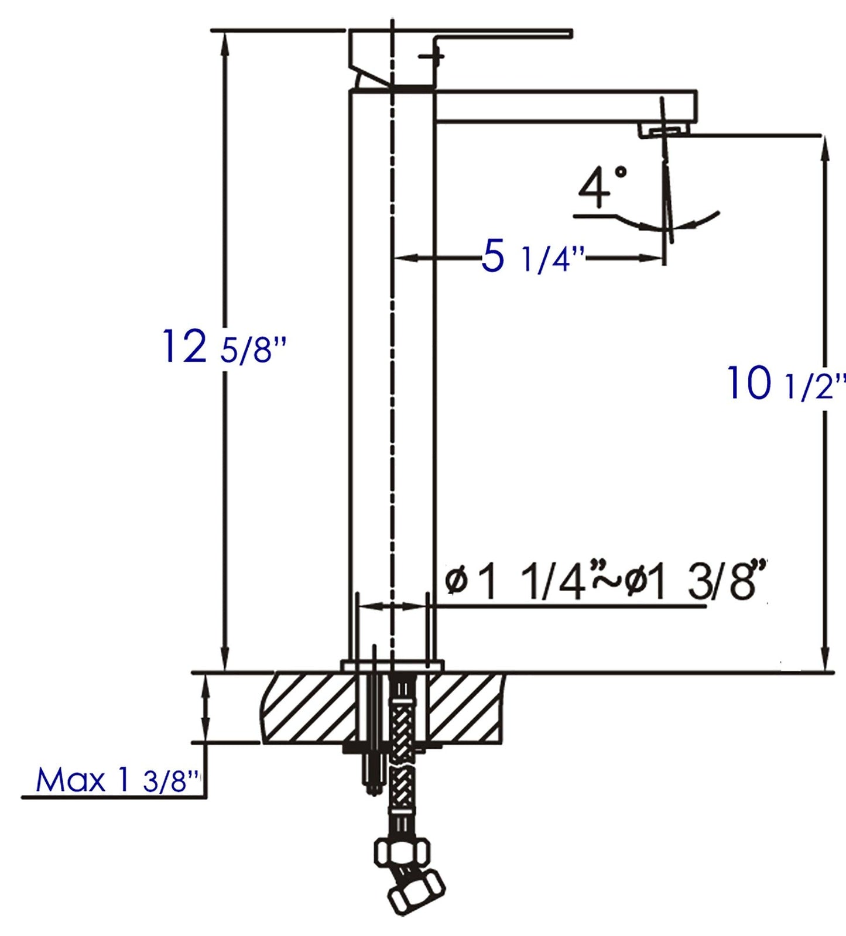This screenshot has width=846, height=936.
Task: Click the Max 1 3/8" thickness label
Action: pos(117,781)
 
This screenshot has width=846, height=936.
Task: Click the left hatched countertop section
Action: pos(310,708)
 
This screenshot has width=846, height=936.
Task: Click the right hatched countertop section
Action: pos(465,708)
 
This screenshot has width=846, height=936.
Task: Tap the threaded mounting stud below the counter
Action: pos(371,773)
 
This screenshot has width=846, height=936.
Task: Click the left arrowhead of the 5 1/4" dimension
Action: pos(400,258)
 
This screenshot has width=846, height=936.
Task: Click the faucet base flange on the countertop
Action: pos(392,664)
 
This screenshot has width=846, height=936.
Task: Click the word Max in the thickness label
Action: pos(69,781)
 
